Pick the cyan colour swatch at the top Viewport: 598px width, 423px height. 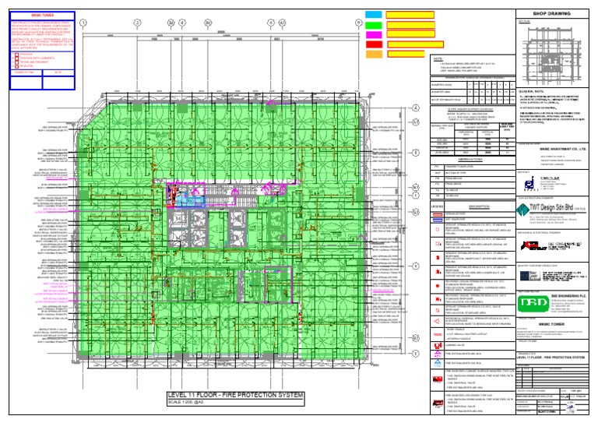point(373,14)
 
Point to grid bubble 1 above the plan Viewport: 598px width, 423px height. point(83,23)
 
